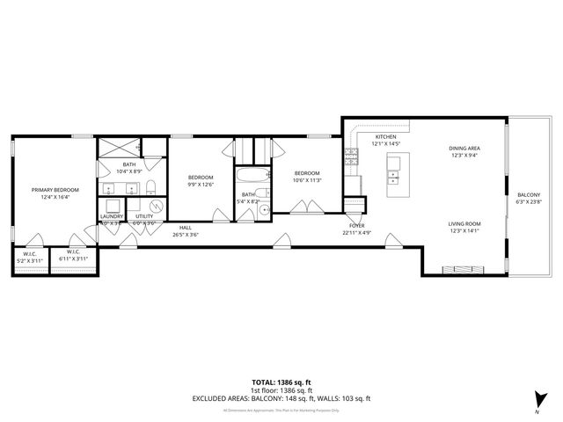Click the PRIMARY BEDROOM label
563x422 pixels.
pos(55,190)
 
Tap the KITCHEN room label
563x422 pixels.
pos(386,137)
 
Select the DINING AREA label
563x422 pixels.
pos(464,149)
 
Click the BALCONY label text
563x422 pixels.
pos(529,194)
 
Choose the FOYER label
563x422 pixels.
pos(356,226)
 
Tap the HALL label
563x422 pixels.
pos(186,228)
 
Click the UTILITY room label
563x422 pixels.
pos(143,215)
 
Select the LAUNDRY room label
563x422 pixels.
pos(111,215)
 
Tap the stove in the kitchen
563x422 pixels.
pos(351,156)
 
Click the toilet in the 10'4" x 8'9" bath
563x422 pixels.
pos(150,185)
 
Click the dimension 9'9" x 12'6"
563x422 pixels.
pos(201,185)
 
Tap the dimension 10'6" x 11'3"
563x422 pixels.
pos(307,180)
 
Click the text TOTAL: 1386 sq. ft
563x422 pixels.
pos(281,382)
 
